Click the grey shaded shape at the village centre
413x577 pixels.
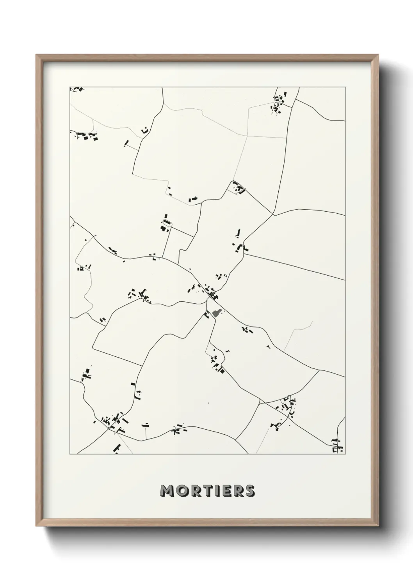[217, 312]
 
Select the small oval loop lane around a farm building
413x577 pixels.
[167, 223]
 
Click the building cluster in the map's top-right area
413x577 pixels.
[279, 102]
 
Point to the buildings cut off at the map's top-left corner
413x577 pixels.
[77, 89]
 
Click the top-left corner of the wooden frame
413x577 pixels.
[37, 55]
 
